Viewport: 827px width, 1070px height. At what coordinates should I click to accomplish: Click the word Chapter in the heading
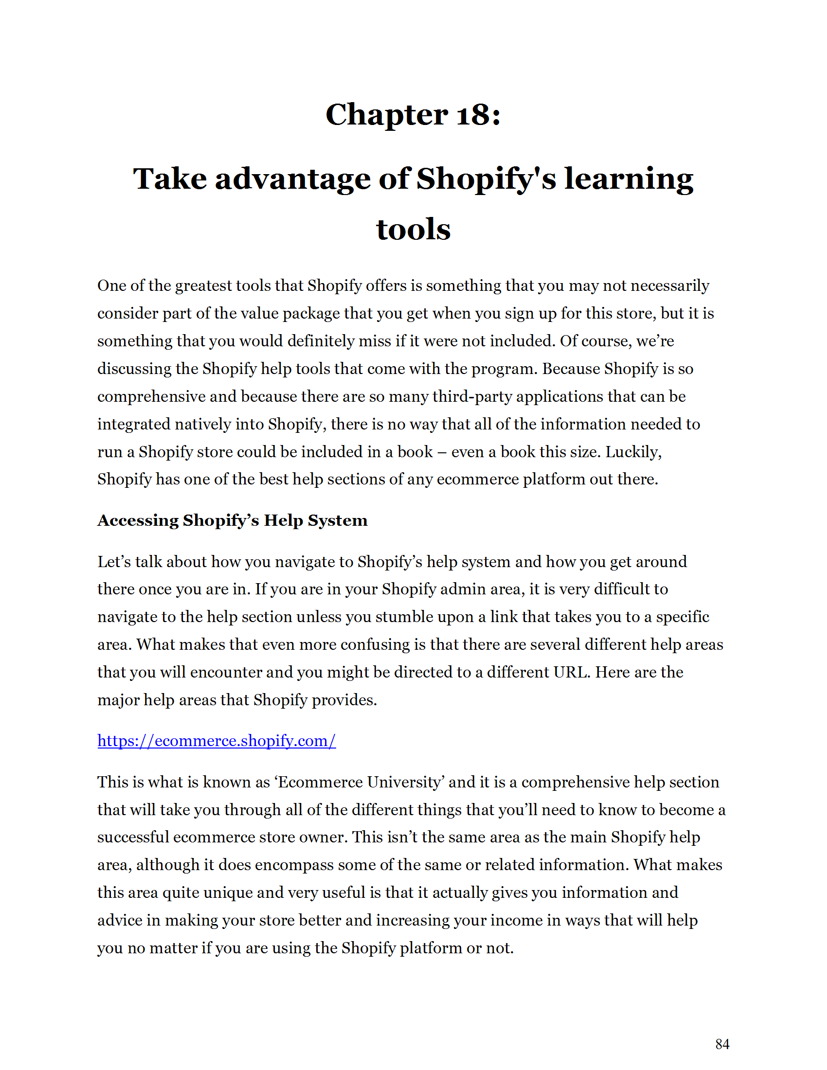point(387,115)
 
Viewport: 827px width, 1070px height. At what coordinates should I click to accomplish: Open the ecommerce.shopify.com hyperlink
point(216,740)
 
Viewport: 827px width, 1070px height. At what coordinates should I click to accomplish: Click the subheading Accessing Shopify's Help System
point(232,520)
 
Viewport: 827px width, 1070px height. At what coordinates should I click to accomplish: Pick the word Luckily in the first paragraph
point(633,451)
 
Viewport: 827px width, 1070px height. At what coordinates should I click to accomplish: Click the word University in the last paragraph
point(404,782)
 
